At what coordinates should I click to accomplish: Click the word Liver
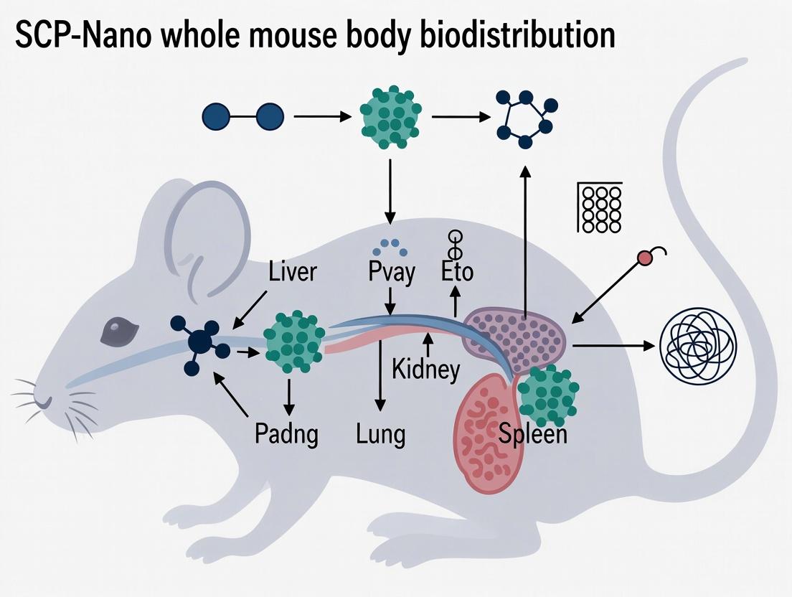click(292, 272)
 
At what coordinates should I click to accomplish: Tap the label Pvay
click(391, 273)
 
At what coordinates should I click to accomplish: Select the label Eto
click(456, 273)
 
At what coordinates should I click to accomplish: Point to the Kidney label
click(425, 370)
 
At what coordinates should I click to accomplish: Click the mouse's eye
click(115, 330)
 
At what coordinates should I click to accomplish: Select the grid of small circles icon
click(600, 207)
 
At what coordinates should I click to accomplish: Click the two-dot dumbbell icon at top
click(243, 117)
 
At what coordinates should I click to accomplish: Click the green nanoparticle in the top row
click(390, 117)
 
